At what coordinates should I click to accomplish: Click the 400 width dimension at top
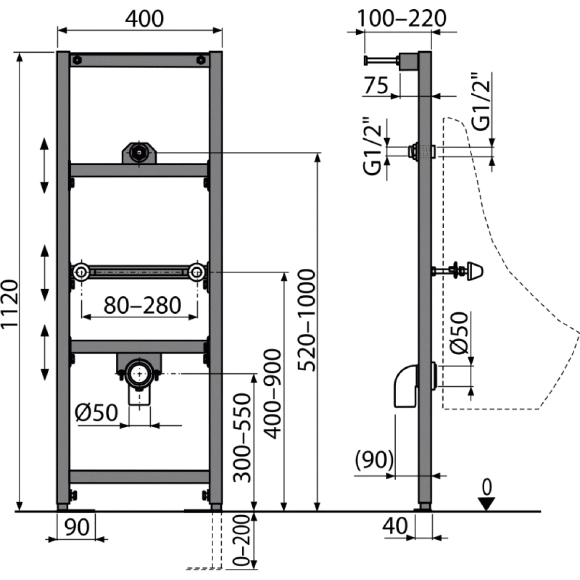[144, 18]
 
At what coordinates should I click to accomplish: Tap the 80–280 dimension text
[143, 305]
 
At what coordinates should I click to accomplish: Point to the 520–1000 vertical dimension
[305, 321]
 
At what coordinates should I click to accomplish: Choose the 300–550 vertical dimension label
[242, 438]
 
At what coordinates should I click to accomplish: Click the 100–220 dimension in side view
[402, 18]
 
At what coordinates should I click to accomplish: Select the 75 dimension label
[376, 86]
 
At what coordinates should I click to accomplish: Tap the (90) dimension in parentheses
[373, 460]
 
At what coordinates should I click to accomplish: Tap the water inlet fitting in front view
[139, 153]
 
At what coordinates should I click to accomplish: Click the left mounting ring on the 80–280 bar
[81, 273]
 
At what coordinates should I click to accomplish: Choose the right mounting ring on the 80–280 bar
[197, 273]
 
